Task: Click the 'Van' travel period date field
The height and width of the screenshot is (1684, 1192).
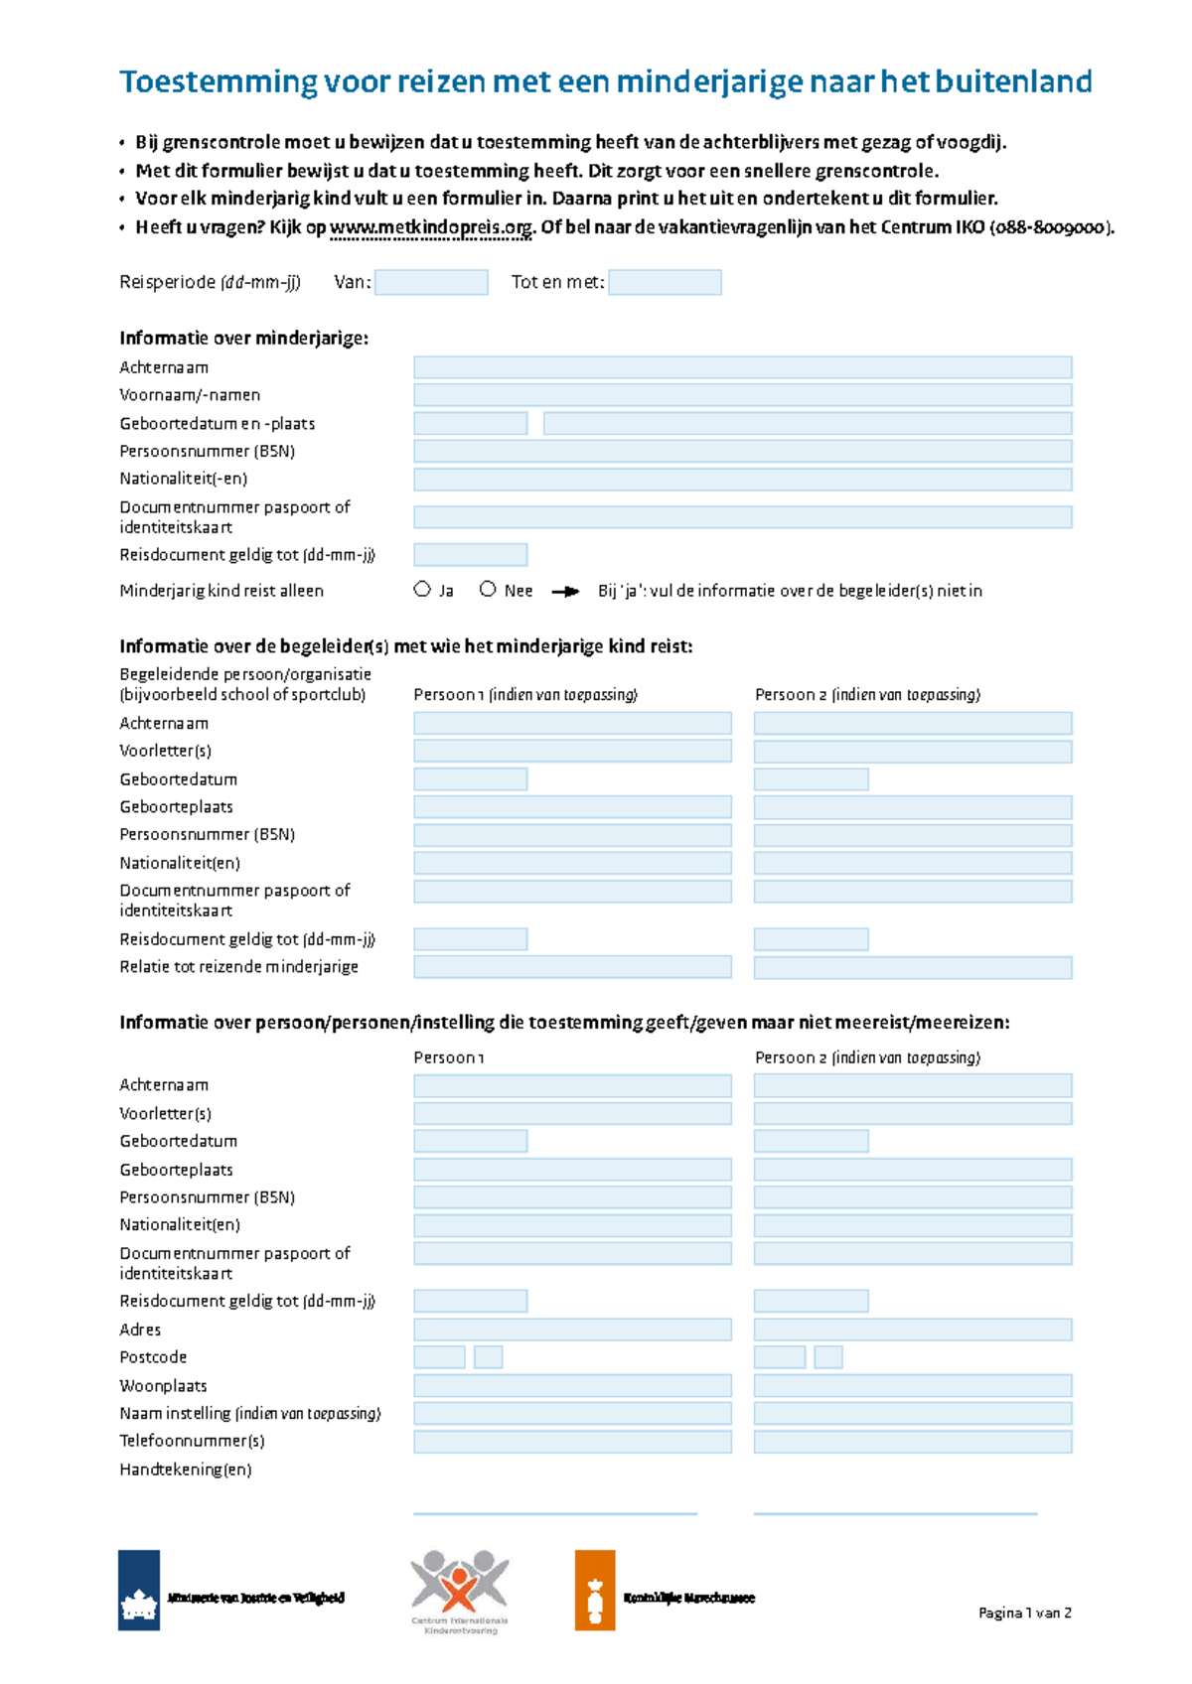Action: point(431,283)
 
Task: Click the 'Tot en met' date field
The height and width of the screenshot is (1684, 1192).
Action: point(665,283)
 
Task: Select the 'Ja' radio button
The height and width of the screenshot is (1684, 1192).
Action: point(422,590)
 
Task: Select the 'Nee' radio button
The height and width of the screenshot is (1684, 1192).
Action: point(488,590)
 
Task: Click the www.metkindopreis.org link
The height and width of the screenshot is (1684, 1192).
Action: point(431,227)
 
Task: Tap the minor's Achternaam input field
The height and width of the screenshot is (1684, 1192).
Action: point(742,367)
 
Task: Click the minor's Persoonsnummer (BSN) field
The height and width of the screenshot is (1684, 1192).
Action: point(742,452)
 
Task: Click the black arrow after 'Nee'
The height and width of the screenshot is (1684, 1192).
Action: point(565,592)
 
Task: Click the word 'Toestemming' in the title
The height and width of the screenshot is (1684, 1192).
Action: point(217,81)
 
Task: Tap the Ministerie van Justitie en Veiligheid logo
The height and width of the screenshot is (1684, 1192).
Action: point(139,1591)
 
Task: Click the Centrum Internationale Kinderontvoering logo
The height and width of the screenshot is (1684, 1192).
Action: point(460,1589)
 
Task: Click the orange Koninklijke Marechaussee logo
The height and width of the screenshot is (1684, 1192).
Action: point(595,1591)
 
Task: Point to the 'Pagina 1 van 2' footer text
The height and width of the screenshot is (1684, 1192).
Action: point(1024,1614)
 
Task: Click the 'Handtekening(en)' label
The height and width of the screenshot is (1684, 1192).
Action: point(186,1470)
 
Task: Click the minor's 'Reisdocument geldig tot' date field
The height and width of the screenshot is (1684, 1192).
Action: point(470,555)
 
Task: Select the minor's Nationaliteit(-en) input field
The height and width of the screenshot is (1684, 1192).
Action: point(742,480)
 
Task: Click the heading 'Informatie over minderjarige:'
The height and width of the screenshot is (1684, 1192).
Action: point(243,339)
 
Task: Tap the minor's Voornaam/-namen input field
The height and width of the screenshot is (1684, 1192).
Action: point(742,395)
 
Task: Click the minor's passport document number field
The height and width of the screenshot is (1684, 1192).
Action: point(742,517)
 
